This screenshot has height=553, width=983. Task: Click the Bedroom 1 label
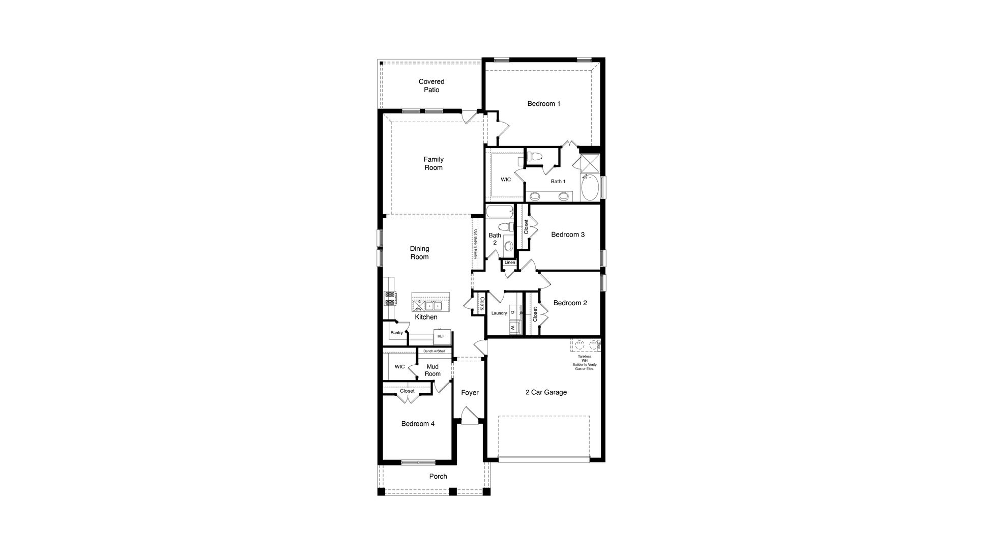click(x=543, y=104)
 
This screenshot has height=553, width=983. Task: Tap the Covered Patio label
click(x=431, y=85)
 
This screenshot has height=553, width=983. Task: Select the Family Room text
click(x=433, y=163)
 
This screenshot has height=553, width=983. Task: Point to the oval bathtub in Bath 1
click(x=590, y=188)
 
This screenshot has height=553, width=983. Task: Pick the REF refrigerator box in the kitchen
click(x=441, y=336)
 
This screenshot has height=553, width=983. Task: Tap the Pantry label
click(x=396, y=333)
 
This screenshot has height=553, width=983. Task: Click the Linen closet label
click(x=509, y=263)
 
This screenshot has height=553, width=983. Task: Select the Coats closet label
click(x=481, y=304)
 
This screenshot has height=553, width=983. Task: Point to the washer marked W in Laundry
click(x=512, y=328)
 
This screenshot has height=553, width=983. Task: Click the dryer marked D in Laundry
click(x=512, y=312)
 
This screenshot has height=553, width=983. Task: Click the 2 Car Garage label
click(x=546, y=392)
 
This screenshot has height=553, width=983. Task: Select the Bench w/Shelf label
click(x=434, y=351)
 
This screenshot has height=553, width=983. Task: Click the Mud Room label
click(x=432, y=370)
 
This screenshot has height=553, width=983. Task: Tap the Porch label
click(x=438, y=477)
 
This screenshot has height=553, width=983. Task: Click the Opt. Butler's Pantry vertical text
click(x=476, y=244)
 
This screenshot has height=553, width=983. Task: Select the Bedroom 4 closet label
click(x=407, y=391)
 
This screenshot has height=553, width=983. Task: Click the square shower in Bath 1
click(x=589, y=163)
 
